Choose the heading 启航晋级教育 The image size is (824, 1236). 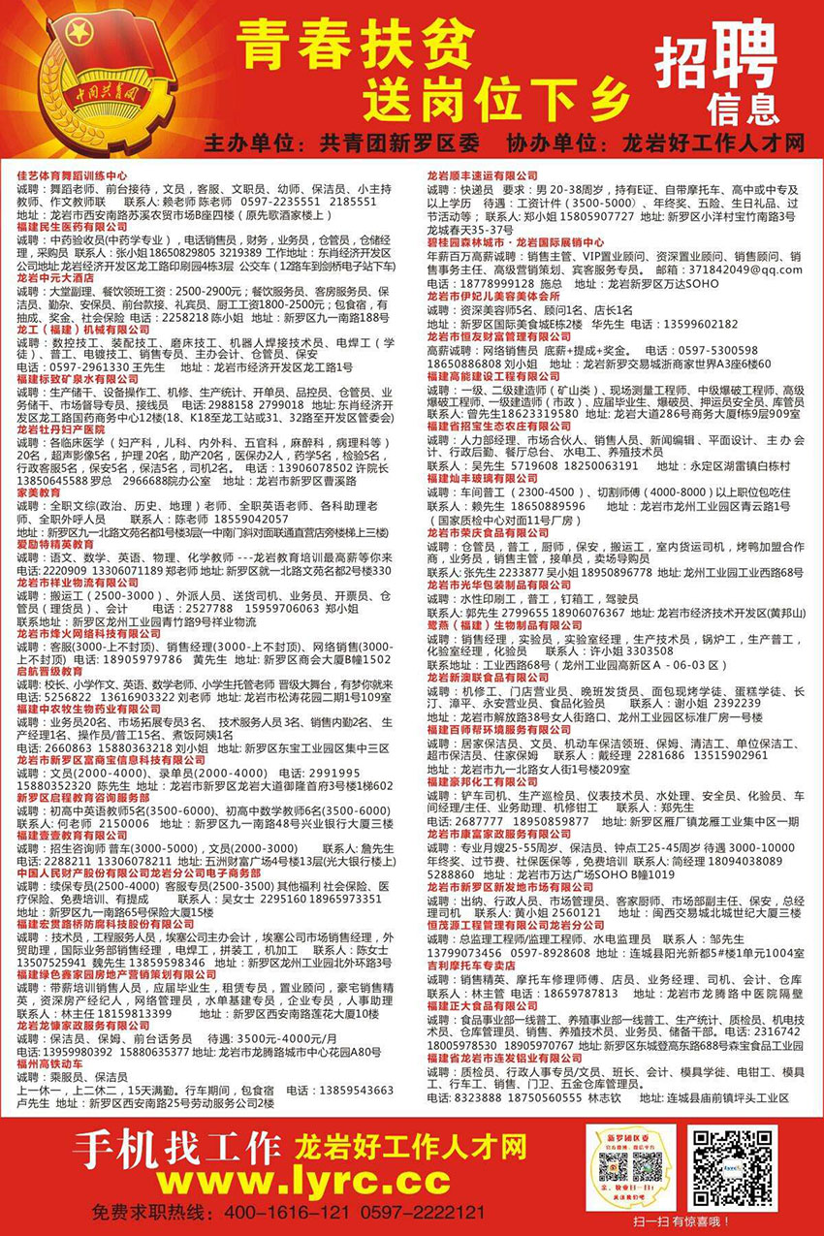(x=49, y=671)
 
